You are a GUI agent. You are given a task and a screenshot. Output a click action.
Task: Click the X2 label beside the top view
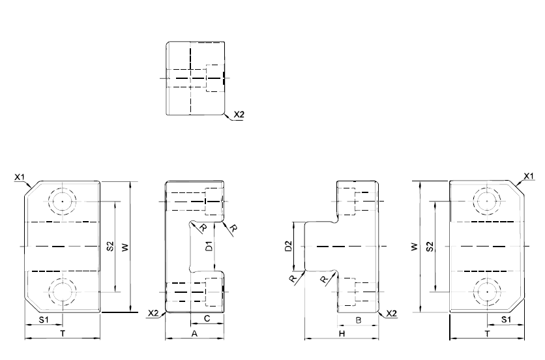coord(239,114)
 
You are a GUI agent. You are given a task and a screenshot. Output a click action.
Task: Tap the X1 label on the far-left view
coord(20,177)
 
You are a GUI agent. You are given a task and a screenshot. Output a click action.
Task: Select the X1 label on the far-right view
coord(528,176)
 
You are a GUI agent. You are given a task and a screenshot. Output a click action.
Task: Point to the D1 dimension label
coord(209,246)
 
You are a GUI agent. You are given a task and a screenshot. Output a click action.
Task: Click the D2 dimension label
coord(288,246)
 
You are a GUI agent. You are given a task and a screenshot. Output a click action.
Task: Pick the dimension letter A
coord(195,333)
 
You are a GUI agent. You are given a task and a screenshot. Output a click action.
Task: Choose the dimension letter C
coord(207,319)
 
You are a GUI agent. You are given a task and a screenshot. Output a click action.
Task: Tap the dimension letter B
coord(359,320)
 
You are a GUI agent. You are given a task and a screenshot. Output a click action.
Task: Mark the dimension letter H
coord(342,334)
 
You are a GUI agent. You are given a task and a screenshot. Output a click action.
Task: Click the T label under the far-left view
coord(63,334)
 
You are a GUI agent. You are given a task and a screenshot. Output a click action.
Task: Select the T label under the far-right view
coord(487,334)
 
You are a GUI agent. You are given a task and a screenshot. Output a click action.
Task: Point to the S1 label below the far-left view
coord(44,320)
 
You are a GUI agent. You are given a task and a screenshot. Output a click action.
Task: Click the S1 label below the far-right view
coord(506,320)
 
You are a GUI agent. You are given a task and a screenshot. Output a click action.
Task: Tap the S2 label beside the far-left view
coord(110,247)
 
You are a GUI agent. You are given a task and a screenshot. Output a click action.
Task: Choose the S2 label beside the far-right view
coord(430,247)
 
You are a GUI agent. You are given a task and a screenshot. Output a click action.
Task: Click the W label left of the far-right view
coord(415,247)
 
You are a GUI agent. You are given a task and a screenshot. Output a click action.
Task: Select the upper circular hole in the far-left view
coord(62,201)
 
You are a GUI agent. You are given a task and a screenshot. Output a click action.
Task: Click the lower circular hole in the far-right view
coord(487,292)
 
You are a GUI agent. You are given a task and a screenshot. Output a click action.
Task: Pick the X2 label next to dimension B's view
coord(391,314)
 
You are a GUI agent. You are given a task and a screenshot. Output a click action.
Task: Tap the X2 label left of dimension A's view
coord(153,313)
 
